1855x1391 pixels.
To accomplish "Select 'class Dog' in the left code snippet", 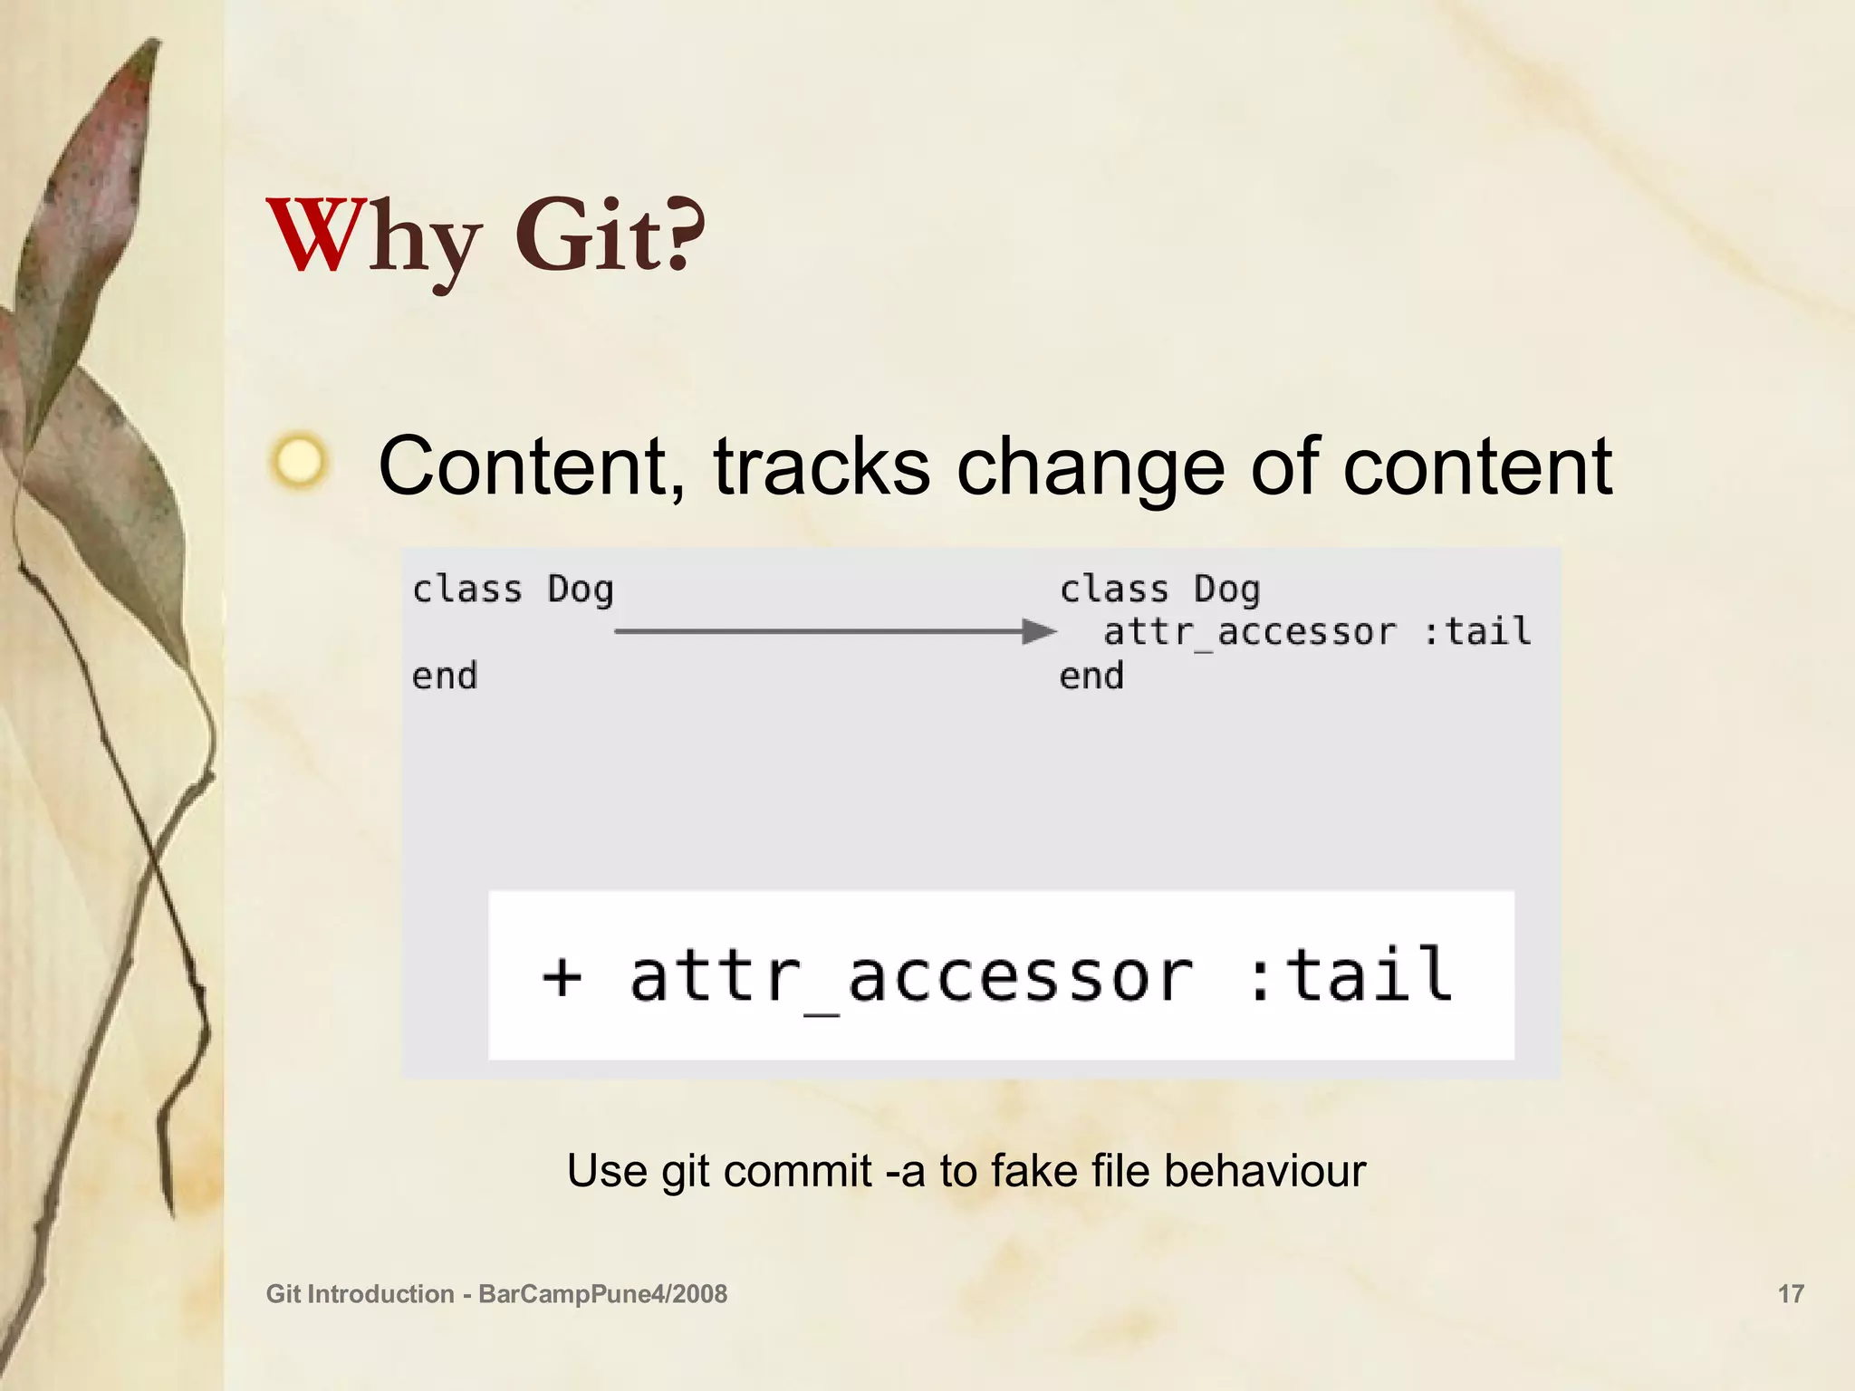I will pos(513,590).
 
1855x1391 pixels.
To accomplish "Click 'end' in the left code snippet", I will pos(444,676).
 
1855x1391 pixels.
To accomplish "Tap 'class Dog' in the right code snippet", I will pos(1159,590).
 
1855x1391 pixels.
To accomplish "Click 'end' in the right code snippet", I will pos(1091,676).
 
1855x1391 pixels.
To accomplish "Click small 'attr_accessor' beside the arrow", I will pos(1249,632).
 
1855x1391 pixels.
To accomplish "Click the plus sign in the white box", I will pos(562,977).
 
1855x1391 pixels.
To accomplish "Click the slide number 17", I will pos(1791,1293).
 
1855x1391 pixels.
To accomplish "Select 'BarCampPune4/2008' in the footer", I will pos(602,1294).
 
